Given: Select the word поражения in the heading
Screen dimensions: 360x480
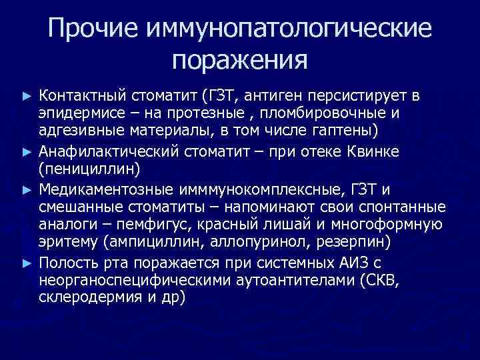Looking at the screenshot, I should click(x=239, y=61).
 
